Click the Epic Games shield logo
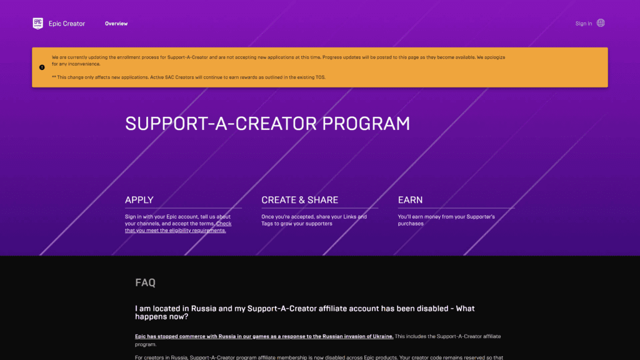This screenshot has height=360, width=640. [38, 23]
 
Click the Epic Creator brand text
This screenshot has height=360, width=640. [67, 24]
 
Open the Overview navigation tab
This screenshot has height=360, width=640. [116, 24]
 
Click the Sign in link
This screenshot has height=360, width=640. [584, 24]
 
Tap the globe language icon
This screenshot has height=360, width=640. [601, 23]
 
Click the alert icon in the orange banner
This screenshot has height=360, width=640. [42, 67]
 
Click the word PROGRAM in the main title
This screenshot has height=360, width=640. [366, 124]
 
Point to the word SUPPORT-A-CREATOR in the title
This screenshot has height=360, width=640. [221, 124]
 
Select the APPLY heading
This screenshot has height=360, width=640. [139, 200]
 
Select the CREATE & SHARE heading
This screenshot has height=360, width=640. [300, 200]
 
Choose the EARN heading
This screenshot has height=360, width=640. [410, 200]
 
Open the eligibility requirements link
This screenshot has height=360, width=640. [178, 227]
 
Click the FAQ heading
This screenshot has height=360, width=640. [145, 282]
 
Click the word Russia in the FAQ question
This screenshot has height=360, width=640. [204, 309]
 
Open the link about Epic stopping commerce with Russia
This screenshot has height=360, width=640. [264, 336]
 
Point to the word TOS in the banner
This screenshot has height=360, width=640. [321, 77]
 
